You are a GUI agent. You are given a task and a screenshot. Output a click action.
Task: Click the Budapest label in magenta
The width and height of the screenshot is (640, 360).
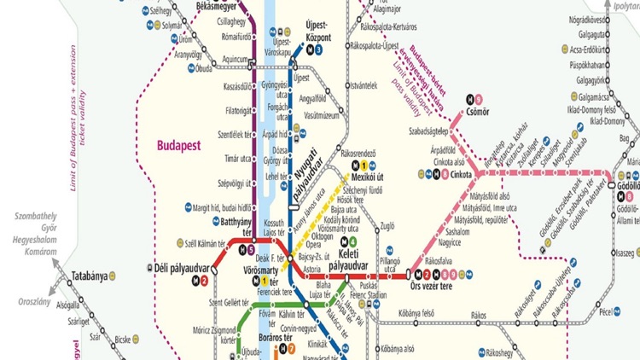(x=177, y=145)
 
